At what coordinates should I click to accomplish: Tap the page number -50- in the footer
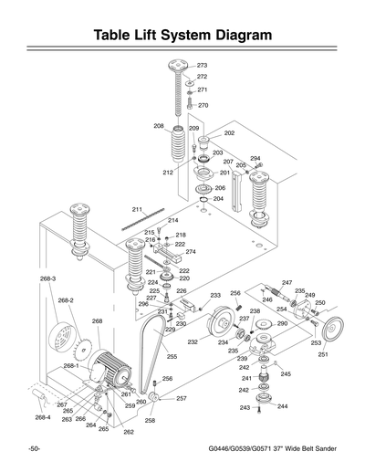(34, 450)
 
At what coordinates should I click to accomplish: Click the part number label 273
(203, 66)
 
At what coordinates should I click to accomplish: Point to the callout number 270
(203, 105)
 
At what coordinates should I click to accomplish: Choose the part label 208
(159, 126)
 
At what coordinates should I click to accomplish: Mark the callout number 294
(255, 158)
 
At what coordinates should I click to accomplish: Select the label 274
(191, 252)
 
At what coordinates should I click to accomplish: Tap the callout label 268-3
(48, 278)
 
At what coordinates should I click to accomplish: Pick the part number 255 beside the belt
(172, 357)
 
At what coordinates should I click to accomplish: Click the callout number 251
(323, 354)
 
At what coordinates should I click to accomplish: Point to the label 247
(287, 283)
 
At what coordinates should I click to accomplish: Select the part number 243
(245, 408)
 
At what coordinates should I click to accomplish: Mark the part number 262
(129, 432)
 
